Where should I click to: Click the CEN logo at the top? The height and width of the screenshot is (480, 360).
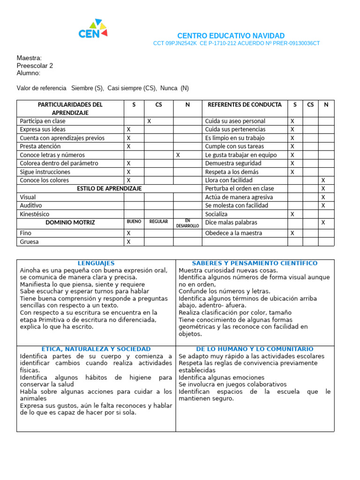point(93,30)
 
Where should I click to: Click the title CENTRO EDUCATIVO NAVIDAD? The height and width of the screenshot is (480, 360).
point(231,36)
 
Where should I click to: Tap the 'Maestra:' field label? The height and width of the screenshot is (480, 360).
point(29,58)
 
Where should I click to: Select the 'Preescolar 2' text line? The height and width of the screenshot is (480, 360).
point(35,66)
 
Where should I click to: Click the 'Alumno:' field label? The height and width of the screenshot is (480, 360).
point(28,73)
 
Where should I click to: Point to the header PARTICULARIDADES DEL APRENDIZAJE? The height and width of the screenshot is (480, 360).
point(70,109)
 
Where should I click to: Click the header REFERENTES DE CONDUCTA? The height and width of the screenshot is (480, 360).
point(245,105)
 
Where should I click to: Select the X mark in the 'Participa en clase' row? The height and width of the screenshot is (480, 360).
point(149,121)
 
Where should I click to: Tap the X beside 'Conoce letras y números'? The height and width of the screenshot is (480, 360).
point(178,155)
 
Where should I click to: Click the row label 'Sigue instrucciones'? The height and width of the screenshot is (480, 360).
point(45,172)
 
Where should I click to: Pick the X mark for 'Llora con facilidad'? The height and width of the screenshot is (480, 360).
point(322,180)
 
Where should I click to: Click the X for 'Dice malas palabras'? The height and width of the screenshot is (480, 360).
point(322,223)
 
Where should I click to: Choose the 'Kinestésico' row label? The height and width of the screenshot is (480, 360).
point(36,214)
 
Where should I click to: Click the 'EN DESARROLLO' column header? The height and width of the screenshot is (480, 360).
point(187,223)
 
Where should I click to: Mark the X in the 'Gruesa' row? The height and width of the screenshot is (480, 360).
point(129,242)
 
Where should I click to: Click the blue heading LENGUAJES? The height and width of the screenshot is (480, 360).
point(96,263)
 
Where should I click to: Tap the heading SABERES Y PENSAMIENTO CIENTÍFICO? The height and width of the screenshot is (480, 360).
point(255,263)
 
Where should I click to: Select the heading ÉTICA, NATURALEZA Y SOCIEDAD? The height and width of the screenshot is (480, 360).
point(96,349)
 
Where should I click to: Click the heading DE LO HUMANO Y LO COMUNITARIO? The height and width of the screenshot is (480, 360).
point(255,349)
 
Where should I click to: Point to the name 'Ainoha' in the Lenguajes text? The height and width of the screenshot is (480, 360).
point(30,270)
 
